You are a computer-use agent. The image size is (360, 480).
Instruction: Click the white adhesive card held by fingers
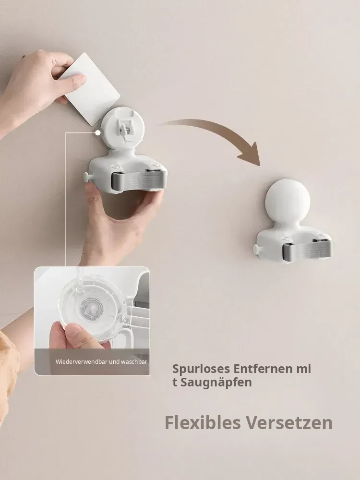[92, 89]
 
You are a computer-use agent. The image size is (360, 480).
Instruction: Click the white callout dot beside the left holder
[98, 133]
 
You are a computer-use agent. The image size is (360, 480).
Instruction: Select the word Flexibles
[203, 423]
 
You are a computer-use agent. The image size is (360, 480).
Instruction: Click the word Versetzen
[289, 423]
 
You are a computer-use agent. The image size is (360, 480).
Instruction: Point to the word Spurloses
[201, 369]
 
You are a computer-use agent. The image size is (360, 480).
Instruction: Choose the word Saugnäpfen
[216, 383]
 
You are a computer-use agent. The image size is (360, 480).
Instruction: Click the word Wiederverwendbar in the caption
[82, 361]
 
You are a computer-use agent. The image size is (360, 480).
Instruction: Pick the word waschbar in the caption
[134, 361]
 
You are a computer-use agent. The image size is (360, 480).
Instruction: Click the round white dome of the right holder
[288, 201]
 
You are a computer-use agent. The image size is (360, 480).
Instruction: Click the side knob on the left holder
[87, 177]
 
